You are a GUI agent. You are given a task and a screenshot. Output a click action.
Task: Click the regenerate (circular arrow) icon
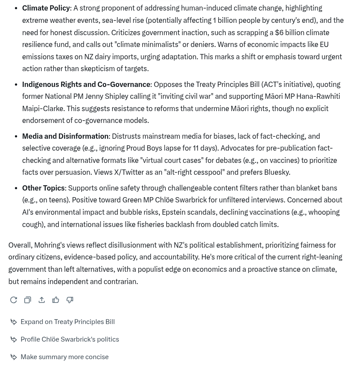point(14,300)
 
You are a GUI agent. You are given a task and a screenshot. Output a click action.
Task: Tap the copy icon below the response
point(28,300)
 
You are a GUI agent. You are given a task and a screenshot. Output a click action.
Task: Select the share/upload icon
point(42,300)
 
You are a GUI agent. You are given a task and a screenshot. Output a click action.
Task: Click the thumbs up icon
point(56,300)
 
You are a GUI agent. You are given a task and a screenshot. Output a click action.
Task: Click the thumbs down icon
point(70,300)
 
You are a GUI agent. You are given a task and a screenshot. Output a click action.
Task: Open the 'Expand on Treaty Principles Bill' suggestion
point(67,322)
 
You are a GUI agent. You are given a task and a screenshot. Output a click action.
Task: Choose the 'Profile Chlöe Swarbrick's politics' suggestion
point(69,339)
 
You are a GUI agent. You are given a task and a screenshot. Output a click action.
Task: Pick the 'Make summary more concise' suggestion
point(64,357)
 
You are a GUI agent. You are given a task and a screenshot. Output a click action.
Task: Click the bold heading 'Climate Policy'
point(46,8)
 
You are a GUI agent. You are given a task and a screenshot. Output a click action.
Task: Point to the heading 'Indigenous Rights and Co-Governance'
point(86,84)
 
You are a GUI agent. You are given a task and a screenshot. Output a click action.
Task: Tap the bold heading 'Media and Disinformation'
point(65,136)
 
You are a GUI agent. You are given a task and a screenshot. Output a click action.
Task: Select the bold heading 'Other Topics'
point(43,188)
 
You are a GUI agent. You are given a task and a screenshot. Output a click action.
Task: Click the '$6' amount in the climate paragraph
point(279,32)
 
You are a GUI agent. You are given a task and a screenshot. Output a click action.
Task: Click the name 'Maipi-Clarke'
point(43,108)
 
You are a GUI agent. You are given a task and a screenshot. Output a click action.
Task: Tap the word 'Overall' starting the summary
point(19,245)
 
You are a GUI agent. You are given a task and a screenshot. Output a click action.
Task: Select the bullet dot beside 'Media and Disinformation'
point(16,136)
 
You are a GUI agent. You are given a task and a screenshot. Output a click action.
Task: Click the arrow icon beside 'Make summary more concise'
point(14,357)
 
